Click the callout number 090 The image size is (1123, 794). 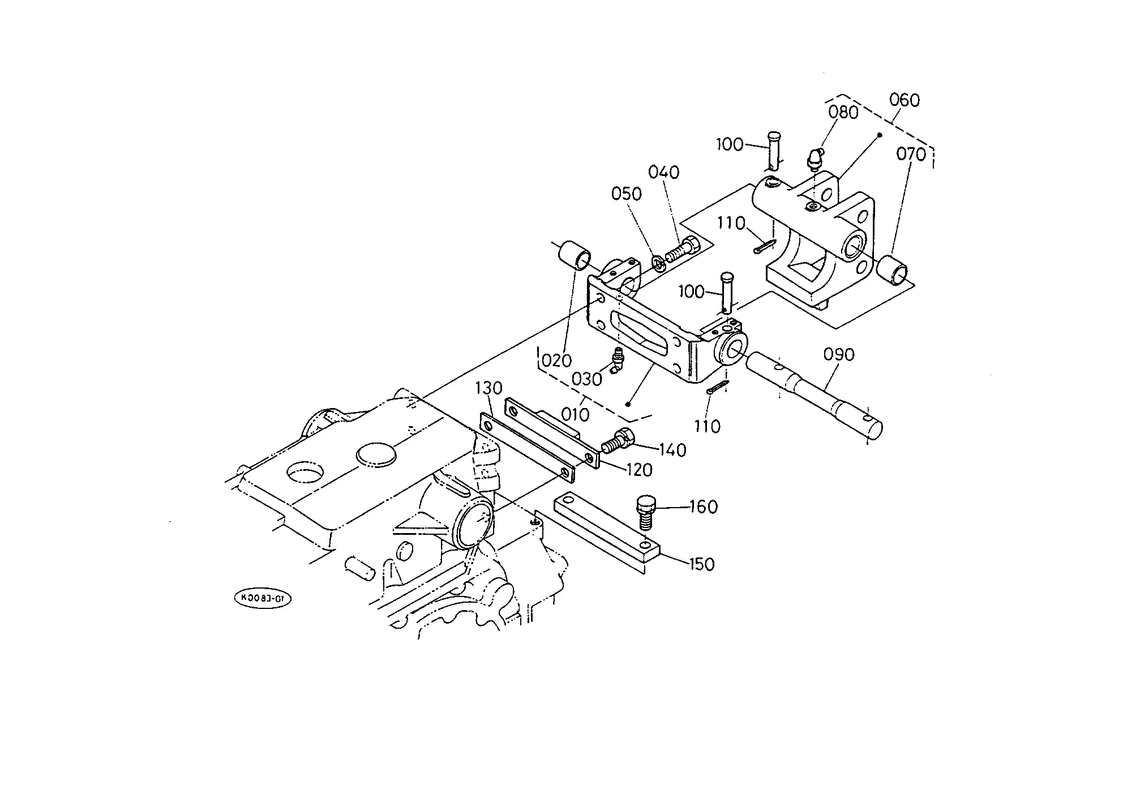[x=839, y=355]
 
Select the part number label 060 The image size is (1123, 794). [x=905, y=100]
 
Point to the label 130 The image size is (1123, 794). [x=488, y=388]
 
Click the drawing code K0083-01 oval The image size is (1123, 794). [x=262, y=599]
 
